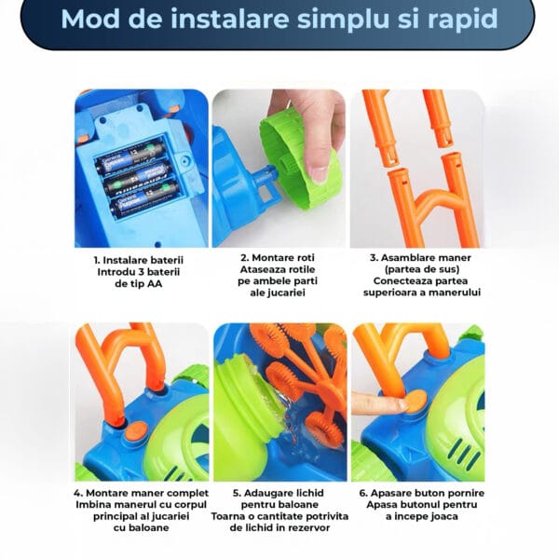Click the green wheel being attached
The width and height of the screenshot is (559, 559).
click(300, 157)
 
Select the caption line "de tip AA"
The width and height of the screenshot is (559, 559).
click(138, 284)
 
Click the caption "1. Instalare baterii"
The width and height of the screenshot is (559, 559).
click(138, 260)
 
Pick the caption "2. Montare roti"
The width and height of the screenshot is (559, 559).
click(278, 257)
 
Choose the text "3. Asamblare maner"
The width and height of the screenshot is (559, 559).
click(421, 257)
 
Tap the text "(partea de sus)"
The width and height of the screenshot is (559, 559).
click(422, 269)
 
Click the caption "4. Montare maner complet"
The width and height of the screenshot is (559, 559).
click(142, 493)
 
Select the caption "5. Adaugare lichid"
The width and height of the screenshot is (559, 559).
click(279, 493)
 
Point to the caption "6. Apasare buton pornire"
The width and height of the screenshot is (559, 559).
click(422, 493)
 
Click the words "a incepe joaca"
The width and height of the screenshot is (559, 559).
click(422, 516)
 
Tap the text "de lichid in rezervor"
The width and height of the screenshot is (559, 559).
click(279, 527)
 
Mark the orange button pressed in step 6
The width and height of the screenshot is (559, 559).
click(416, 401)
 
